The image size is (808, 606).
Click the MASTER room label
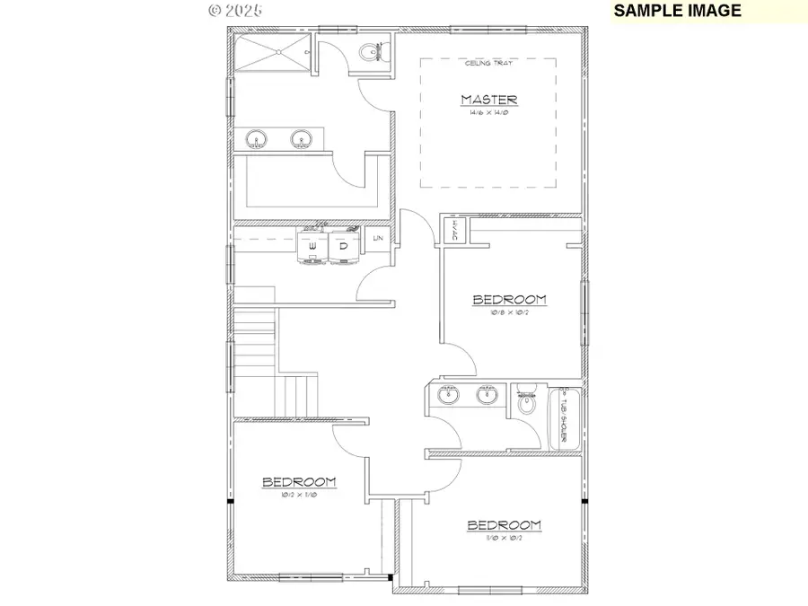(488, 100)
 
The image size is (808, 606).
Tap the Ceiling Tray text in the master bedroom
(488, 63)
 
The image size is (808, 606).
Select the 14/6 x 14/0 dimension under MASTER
(488, 113)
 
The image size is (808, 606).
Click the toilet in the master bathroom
(369, 54)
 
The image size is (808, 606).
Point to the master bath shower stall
(270, 52)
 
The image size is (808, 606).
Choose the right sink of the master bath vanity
(300, 139)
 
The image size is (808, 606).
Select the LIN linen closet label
(378, 238)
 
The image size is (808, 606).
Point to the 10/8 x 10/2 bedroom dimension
(510, 313)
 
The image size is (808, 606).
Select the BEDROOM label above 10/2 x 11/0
(299, 482)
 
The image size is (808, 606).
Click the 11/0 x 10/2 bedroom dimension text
(504, 540)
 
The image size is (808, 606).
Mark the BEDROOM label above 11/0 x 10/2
(504, 525)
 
